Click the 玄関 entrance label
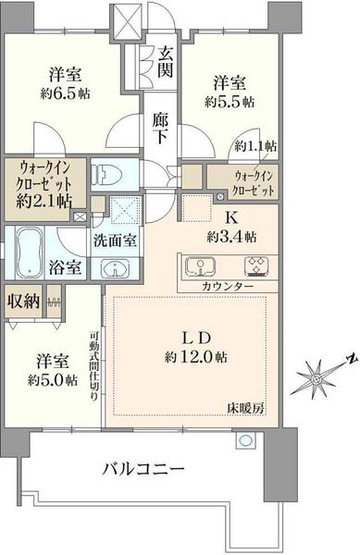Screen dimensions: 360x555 pos(165,63)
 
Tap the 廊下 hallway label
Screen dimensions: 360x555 pos(160,129)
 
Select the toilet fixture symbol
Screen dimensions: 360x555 pos(106,175)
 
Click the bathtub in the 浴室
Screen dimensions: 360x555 pos(30,252)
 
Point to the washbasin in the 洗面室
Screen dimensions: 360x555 pos(116,268)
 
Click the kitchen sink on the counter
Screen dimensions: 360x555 pos(200,266)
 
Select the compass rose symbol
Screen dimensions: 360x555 pos(317,378)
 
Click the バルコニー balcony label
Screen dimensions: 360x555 pos(143,470)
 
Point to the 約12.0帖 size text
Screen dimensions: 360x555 pos(196,357)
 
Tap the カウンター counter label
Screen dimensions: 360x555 pos(228,286)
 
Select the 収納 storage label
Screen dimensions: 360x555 pos(24,301)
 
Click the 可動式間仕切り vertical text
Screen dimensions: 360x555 pos(94,365)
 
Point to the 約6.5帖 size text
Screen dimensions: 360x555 pos(65,93)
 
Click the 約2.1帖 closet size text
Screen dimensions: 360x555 pos(43,201)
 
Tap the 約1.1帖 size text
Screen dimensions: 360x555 pos(255,146)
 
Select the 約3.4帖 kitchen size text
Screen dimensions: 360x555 pos(231,237)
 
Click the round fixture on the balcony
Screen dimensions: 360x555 pos(246,440)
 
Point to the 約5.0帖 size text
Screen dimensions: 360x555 pos(53,380)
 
